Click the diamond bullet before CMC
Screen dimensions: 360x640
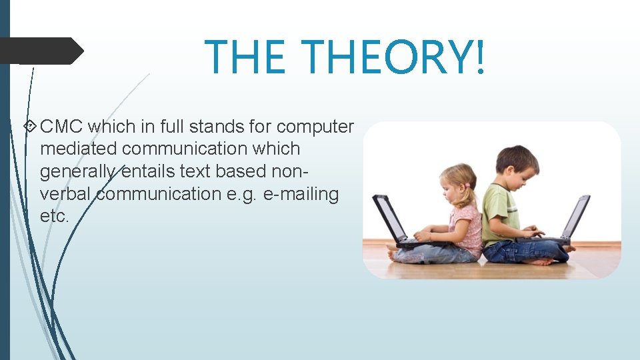point(30,126)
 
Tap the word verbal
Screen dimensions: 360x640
point(65,194)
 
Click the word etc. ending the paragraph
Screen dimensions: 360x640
point(55,217)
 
